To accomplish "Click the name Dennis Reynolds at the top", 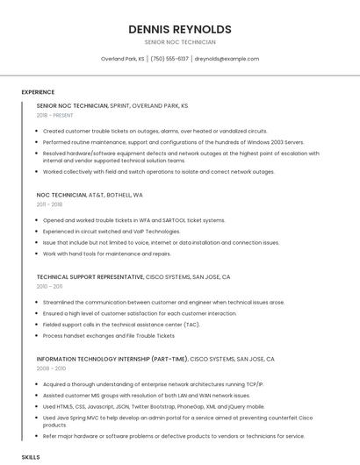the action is pos(179,29).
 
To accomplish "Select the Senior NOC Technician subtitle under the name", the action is pos(179,42).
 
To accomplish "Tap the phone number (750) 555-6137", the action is pos(169,59).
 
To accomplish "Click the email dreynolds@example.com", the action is pos(227,59).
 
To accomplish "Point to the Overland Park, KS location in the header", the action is pos(123,59).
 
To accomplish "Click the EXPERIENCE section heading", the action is pos(38,92).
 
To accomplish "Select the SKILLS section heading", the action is pos(31,458).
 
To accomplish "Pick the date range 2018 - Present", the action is pos(55,115).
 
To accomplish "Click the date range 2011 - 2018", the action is pos(49,204).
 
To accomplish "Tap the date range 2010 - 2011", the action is pos(49,286).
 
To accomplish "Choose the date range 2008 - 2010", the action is pos(50,368).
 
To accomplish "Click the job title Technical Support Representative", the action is pos(90,276).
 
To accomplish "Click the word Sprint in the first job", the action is pos(119,105).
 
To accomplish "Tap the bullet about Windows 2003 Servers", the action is pos(173,141).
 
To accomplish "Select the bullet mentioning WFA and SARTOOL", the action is pos(133,220).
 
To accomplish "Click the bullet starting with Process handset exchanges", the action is pos(109,335).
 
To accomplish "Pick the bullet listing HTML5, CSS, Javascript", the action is pos(153,407).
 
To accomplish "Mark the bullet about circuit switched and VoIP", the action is pos(111,232).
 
